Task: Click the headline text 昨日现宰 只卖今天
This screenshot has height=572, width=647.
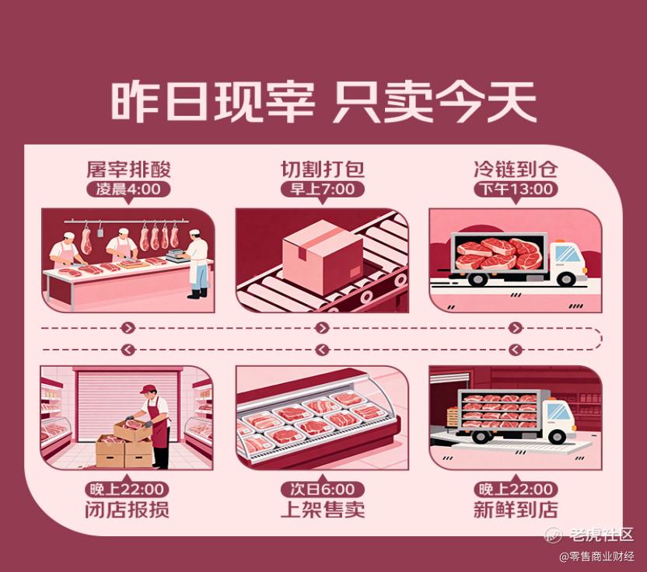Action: click(x=323, y=102)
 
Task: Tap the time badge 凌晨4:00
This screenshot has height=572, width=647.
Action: click(x=128, y=190)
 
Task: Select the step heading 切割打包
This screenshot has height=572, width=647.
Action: click(x=323, y=169)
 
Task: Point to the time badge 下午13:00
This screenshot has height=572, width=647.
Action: click(x=516, y=190)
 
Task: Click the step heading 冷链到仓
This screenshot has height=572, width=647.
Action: click(x=516, y=169)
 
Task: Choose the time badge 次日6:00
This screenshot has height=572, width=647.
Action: click(x=322, y=490)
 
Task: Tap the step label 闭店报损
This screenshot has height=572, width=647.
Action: click(x=127, y=510)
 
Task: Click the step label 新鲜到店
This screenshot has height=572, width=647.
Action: click(x=516, y=510)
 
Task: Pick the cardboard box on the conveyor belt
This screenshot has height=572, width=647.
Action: click(x=323, y=256)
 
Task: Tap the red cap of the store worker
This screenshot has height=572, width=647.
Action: click(x=148, y=389)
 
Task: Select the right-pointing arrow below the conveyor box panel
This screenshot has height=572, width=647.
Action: click(x=322, y=328)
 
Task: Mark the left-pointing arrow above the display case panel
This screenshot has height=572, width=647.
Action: click(x=322, y=350)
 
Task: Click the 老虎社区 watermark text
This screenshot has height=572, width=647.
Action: click(x=601, y=535)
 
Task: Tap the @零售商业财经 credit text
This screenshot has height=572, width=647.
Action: click(x=596, y=556)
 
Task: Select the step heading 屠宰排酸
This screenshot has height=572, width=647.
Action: click(x=128, y=169)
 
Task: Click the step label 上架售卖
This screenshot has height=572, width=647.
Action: click(x=323, y=510)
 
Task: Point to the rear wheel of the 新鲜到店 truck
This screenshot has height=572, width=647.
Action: click(x=479, y=436)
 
